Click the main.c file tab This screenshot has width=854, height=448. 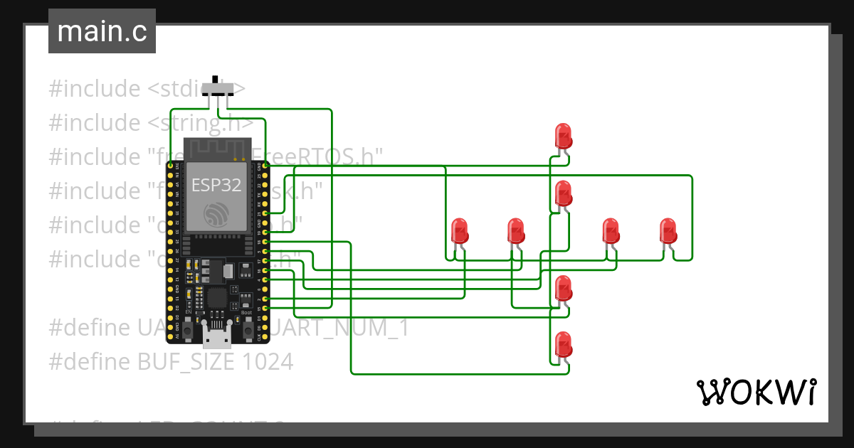tap(102, 32)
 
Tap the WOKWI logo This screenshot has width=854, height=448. tap(755, 392)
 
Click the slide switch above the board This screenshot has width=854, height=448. tap(217, 89)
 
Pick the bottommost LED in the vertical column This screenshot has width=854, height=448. tap(563, 345)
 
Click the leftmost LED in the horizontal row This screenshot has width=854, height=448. tap(460, 231)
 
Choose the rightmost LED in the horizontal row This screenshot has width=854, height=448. tap(668, 231)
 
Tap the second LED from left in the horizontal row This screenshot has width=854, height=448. tap(516, 231)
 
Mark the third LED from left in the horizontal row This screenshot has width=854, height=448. tap(611, 231)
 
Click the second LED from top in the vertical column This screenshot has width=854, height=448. tap(563, 193)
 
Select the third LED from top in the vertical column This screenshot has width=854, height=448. tap(563, 288)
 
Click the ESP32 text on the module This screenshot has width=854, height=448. tap(216, 186)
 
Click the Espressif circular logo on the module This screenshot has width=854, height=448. tap(216, 213)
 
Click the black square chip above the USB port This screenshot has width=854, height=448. tap(217, 297)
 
